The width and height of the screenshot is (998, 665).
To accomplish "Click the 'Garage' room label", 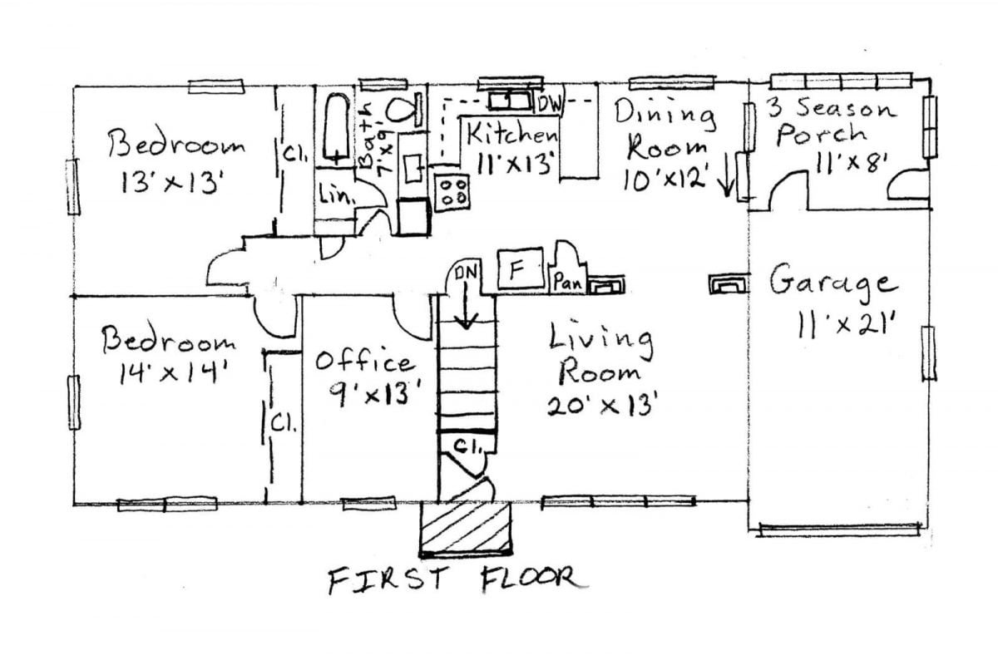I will pos(832,282).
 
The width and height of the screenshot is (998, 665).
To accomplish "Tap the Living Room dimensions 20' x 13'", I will pos(603,405).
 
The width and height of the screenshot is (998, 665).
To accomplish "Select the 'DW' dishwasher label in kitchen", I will pos(550,104).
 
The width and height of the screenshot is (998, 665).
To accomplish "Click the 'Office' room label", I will pos(364,362).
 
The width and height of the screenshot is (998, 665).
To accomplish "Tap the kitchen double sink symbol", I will pos(510,101).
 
